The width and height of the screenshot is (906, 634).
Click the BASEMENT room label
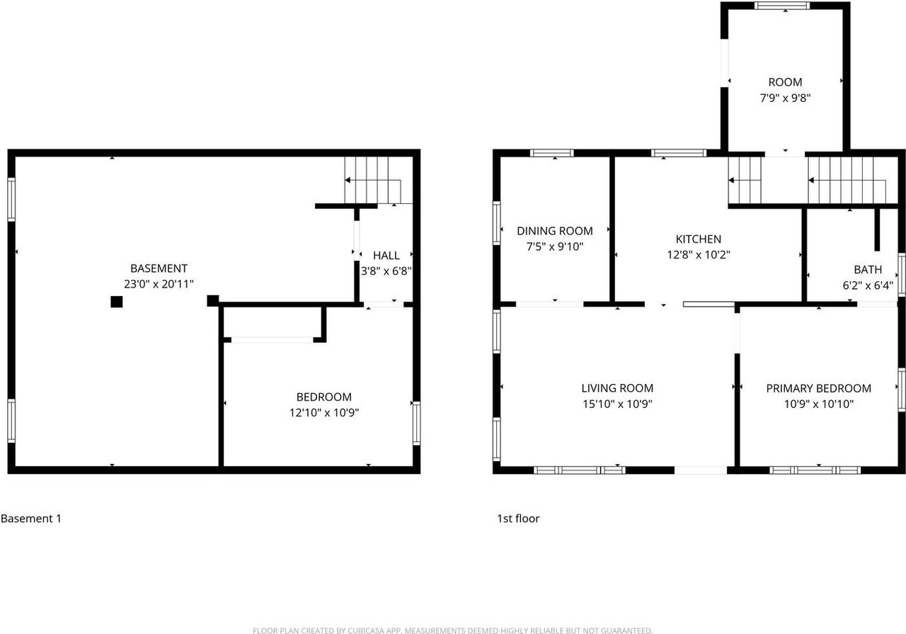tap(159, 268)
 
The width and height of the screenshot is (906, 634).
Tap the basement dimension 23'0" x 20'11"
tap(159, 283)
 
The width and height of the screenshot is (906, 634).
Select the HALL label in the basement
tap(386, 256)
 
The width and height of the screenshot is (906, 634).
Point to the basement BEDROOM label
tap(323, 397)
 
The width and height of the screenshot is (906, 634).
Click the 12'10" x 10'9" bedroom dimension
tap(323, 412)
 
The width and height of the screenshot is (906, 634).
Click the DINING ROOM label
tap(554, 231)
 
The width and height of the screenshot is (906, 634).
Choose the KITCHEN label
tap(698, 239)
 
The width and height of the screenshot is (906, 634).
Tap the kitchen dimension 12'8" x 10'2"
tap(698, 254)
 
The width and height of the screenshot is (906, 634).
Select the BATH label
tap(868, 270)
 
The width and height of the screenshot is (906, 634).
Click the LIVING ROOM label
tap(617, 388)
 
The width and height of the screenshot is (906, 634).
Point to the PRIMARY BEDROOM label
tap(818, 388)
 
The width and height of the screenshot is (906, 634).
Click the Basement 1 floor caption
tap(31, 519)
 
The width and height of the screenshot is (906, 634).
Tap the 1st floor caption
tap(518, 519)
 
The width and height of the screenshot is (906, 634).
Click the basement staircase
tap(368, 181)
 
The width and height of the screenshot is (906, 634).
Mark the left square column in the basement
tap(117, 302)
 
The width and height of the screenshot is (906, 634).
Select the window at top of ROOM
tap(781, 6)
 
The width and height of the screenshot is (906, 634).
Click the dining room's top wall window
tap(552, 152)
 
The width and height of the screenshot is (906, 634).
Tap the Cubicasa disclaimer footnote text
tap(452, 630)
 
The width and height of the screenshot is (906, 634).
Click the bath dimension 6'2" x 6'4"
tap(868, 285)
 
